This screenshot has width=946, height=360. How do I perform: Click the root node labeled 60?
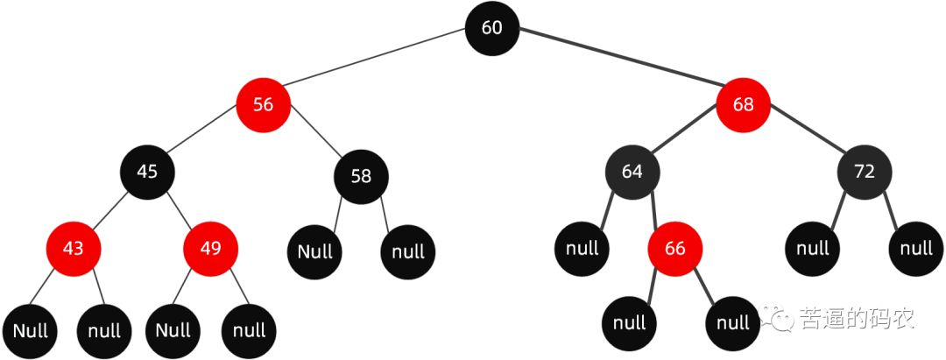click(x=491, y=28)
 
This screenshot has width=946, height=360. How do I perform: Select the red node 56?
click(x=263, y=105)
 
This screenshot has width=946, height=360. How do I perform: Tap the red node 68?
click(x=743, y=105)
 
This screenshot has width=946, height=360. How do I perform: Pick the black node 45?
click(x=147, y=172)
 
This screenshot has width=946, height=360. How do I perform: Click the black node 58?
click(x=360, y=176)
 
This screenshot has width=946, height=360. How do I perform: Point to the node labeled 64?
click(x=632, y=172)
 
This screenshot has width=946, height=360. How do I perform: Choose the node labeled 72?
click(x=864, y=172)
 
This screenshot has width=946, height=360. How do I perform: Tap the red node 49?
click(x=210, y=249)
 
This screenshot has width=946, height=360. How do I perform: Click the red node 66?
click(x=674, y=249)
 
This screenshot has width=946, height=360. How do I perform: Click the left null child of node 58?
click(x=314, y=252)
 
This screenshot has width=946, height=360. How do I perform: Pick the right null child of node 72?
click(x=916, y=249)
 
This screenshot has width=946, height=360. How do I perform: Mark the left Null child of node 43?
click(x=30, y=330)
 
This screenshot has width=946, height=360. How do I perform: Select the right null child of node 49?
click(x=249, y=330)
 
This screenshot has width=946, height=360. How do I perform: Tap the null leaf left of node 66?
click(x=582, y=249)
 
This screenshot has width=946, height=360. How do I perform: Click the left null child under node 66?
click(x=629, y=323)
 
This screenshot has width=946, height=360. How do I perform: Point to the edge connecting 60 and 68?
click(x=618, y=67)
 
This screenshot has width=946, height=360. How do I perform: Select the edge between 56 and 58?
click(x=314, y=143)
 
